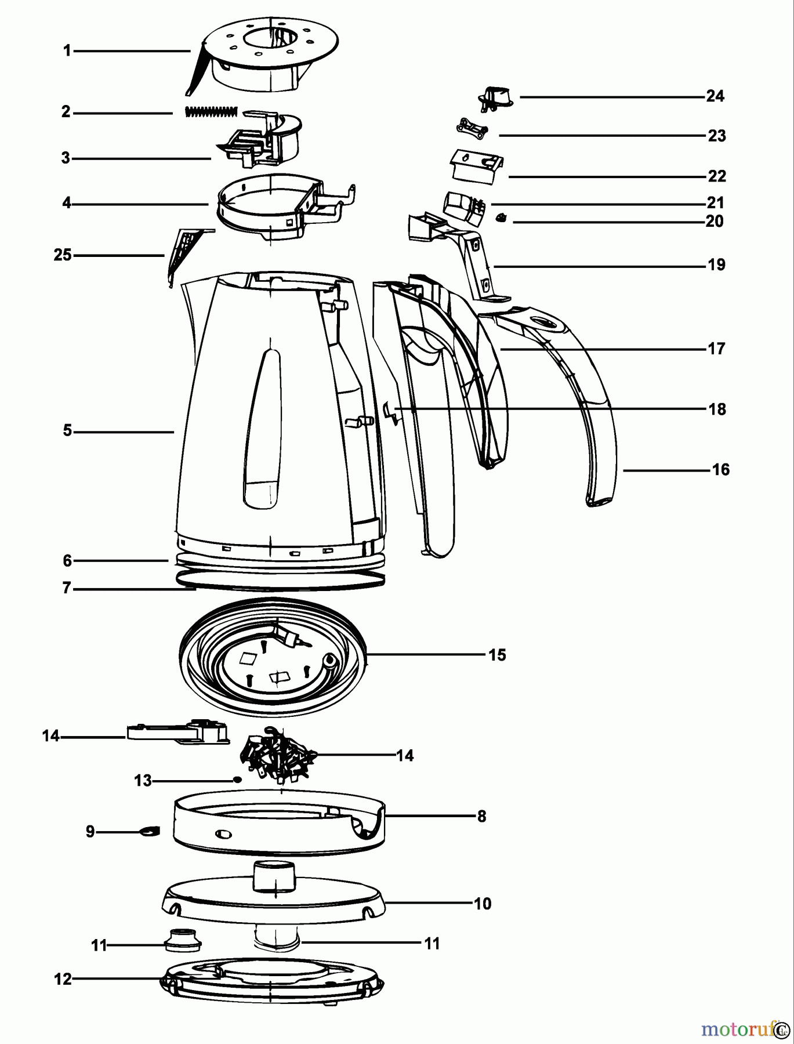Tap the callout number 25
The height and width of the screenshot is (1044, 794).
pyautogui.click(x=63, y=255)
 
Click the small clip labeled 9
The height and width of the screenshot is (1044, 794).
pyautogui.click(x=148, y=832)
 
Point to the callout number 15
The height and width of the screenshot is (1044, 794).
pyautogui.click(x=497, y=655)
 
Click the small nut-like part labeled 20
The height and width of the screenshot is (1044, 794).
pyautogui.click(x=501, y=218)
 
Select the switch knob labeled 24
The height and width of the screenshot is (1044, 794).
pyautogui.click(x=495, y=96)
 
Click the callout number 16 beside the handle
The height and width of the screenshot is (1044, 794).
pyautogui.click(x=720, y=469)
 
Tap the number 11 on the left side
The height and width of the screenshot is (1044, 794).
pyautogui.click(x=99, y=946)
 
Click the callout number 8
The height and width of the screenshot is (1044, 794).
pyautogui.click(x=481, y=816)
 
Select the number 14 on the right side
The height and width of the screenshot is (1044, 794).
pyautogui.click(x=405, y=755)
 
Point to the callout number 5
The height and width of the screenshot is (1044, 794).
pyautogui.click(x=67, y=431)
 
